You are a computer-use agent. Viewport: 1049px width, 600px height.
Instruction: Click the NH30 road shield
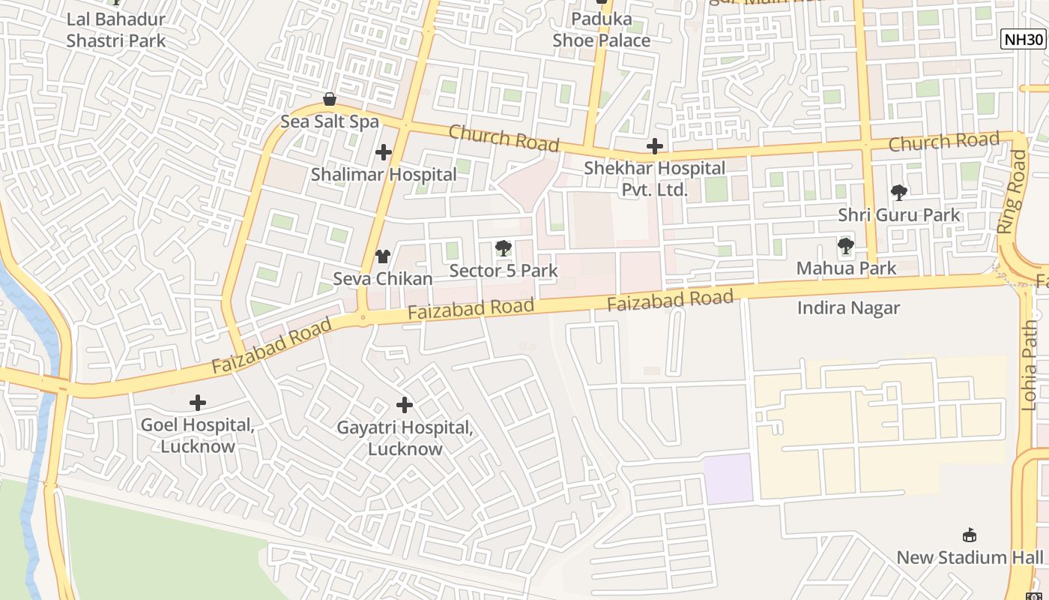coord(1024,40)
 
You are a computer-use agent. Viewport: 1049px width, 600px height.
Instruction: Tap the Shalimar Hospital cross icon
coord(384,153)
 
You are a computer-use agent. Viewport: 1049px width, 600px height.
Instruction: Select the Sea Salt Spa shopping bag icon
coord(329,99)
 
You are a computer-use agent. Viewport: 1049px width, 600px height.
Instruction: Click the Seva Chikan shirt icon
coord(383,256)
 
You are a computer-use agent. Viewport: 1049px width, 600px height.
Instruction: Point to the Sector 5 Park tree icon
coord(503,248)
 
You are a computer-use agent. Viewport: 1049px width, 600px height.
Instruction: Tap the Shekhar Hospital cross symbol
coord(655,146)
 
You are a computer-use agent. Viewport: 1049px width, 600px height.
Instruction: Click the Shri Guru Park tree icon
coord(899,193)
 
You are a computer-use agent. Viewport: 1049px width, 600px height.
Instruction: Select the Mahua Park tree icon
coord(846,245)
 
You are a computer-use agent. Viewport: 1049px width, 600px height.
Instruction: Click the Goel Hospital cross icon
coord(198,403)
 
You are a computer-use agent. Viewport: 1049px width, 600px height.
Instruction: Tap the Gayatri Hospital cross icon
coord(405,406)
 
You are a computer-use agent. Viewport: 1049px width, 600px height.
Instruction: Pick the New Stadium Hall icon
coord(970,535)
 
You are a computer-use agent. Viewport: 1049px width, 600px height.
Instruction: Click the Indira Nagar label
coord(848,308)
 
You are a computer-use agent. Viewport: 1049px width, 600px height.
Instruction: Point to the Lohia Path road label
coord(1030,365)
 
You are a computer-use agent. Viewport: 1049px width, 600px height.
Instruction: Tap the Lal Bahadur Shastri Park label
coord(116,30)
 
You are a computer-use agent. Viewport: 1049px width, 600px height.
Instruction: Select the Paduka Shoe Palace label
coord(602,30)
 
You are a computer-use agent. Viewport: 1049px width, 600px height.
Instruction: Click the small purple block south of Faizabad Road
coord(728,478)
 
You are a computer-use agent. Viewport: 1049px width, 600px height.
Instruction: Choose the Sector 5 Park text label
coord(504,271)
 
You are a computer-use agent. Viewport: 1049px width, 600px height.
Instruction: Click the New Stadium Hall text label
coord(970,557)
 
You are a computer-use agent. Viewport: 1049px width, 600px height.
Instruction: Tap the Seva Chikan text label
coord(383,278)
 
